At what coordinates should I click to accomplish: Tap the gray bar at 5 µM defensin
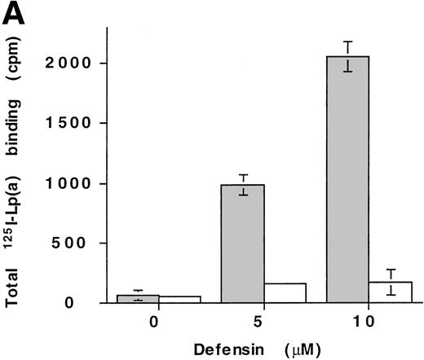point(242,244)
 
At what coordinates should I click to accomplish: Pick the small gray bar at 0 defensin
point(137,298)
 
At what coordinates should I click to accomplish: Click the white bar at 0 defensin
point(179,299)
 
